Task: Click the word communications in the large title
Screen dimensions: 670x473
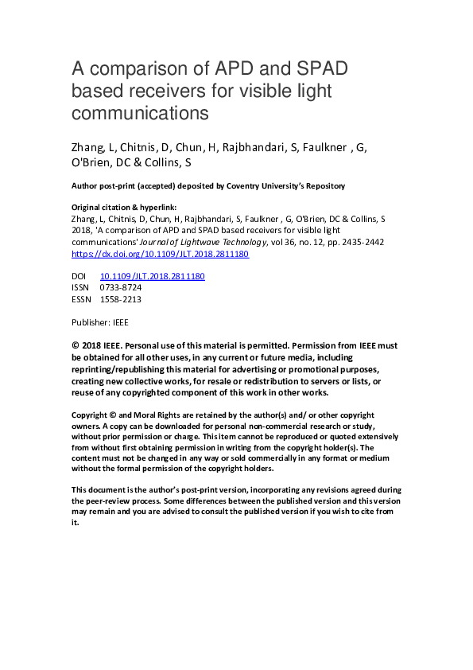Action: point(140,114)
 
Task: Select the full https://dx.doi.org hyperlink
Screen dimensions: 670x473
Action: point(160,254)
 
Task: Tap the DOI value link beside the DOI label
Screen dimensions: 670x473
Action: point(152,276)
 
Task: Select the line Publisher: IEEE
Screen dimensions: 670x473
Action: point(99,322)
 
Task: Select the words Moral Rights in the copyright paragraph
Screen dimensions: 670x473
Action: point(149,415)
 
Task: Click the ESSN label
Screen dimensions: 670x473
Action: point(82,299)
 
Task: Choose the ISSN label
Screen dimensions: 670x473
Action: point(81,287)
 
